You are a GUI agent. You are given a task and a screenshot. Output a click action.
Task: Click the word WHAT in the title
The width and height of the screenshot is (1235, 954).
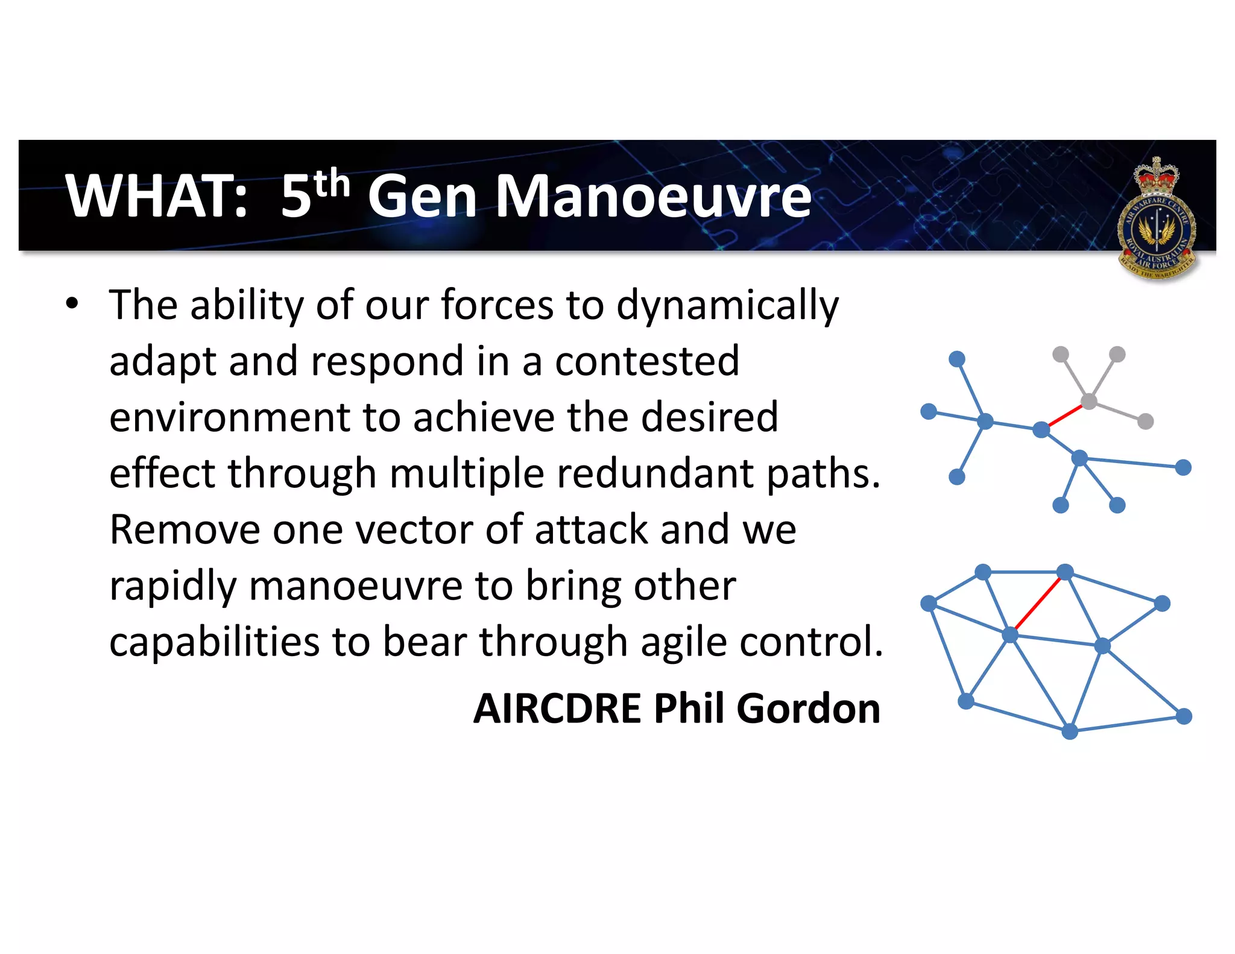click(156, 196)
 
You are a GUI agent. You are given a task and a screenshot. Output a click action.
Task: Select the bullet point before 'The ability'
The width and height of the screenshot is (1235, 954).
click(72, 303)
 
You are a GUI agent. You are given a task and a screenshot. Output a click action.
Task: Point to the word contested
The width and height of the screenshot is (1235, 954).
click(646, 361)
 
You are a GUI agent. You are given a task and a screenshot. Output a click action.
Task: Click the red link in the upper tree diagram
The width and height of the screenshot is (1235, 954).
click(1066, 415)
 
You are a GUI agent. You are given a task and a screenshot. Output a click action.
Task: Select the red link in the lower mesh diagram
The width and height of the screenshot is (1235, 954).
click(1038, 603)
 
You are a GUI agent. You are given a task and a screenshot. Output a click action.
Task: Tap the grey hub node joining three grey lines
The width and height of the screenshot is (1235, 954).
click(1089, 401)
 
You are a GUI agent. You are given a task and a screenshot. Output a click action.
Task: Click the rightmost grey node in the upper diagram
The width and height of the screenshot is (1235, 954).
click(1145, 422)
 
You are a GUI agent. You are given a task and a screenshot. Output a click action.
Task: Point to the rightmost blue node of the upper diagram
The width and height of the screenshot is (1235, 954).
click(1183, 467)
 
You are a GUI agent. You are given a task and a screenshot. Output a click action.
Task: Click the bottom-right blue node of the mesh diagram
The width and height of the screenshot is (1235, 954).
click(1184, 716)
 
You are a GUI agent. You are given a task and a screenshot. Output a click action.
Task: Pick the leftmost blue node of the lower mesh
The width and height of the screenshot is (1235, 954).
click(929, 603)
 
